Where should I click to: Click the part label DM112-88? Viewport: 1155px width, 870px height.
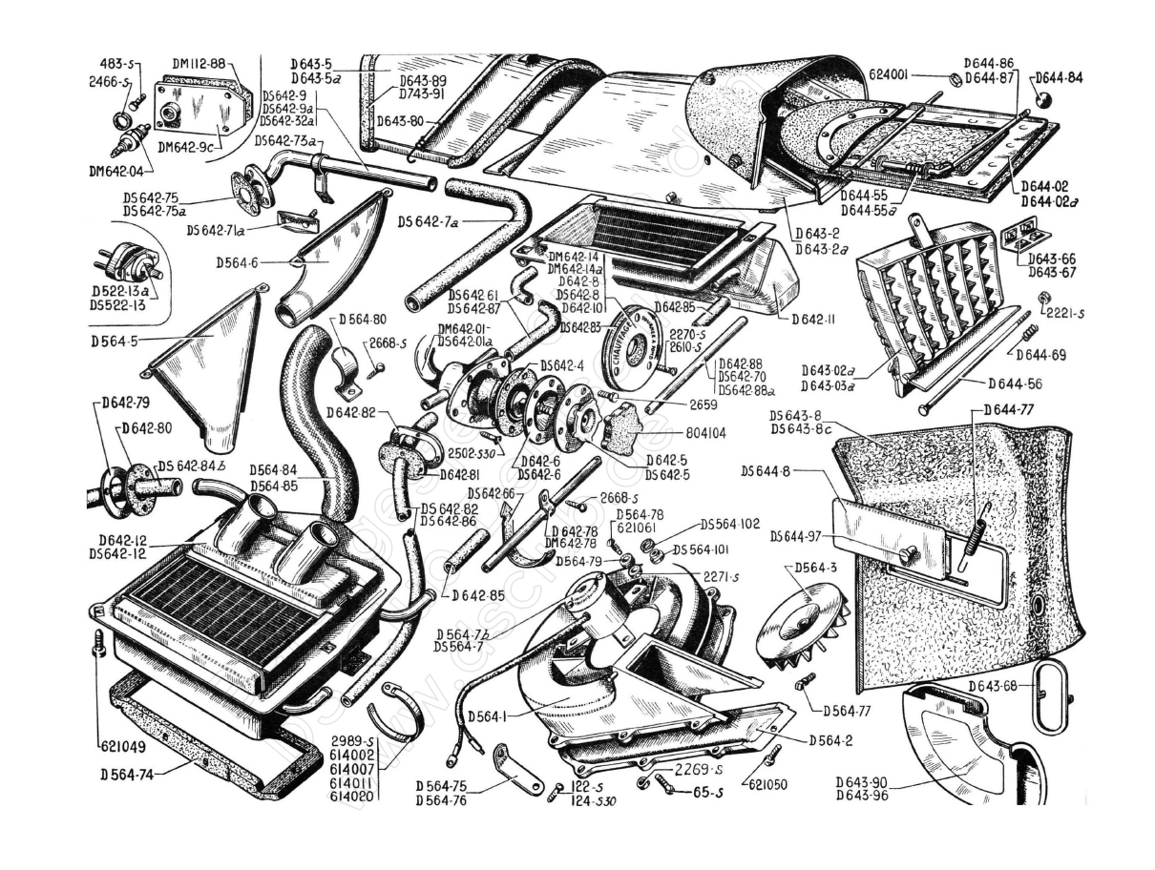tap(199, 64)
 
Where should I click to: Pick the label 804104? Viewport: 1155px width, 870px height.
tap(706, 432)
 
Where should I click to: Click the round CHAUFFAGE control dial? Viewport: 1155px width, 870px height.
tap(635, 342)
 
